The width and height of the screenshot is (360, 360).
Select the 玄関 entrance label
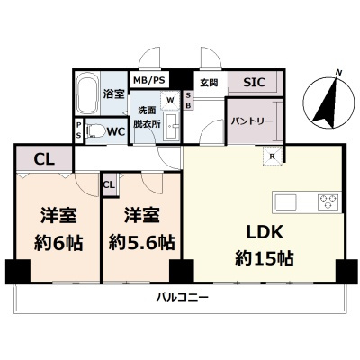point(209,81)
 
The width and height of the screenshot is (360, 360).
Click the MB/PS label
point(149,80)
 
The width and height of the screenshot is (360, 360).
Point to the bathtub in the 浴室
point(87,94)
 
